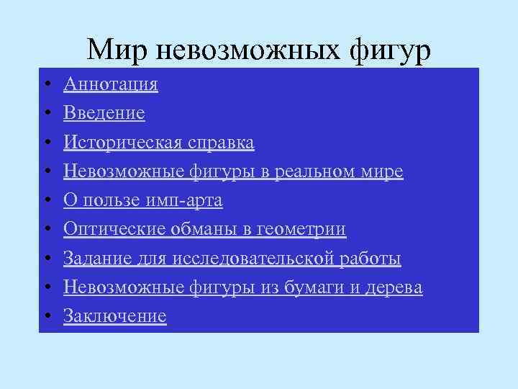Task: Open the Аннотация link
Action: click(111, 85)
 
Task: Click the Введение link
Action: click(104, 114)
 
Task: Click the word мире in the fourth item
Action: click(385, 172)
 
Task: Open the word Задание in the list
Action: click(93, 259)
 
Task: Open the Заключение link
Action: click(115, 316)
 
